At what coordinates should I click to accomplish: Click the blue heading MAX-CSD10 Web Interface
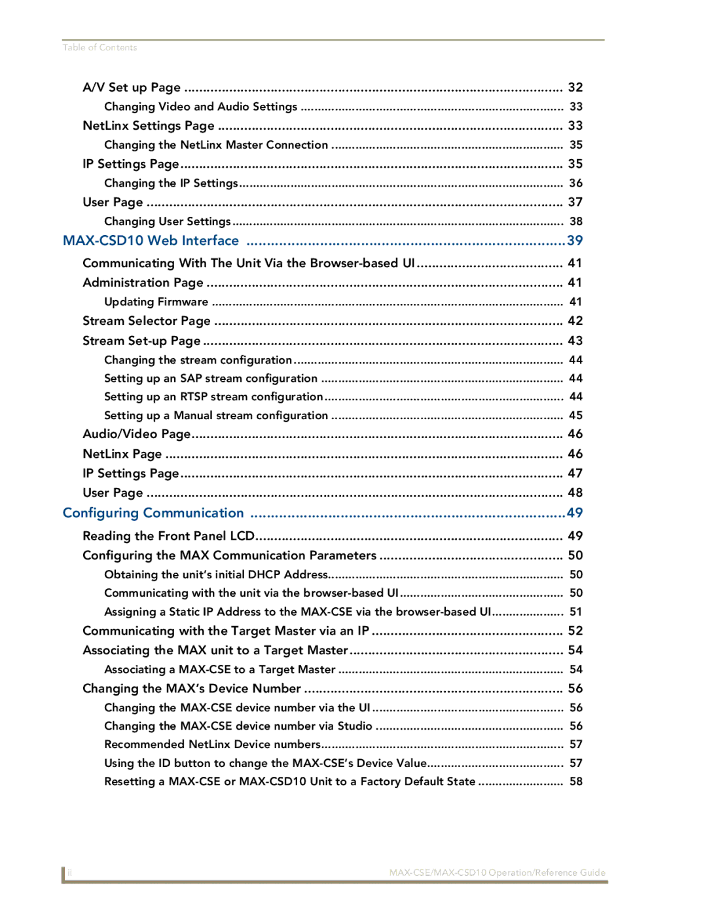pos(151,241)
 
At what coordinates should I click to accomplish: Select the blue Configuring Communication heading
pos(153,514)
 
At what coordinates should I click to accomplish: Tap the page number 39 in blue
pos(575,241)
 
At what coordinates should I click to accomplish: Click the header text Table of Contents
pos(100,48)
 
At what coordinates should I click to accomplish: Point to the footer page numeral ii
pos(70,872)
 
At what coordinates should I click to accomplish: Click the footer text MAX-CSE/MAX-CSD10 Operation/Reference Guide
pos(497,872)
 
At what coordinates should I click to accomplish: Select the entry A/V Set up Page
pos(132,88)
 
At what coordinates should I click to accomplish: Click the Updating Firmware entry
pos(156,302)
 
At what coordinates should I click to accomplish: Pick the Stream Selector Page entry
pos(147,321)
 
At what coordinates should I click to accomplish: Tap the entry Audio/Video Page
pos(136,434)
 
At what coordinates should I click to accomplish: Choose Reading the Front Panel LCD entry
pos(168,536)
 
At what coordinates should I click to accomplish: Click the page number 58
pos(575,782)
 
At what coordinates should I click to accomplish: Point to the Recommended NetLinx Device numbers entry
pos(212,745)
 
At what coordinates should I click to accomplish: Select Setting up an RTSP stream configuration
pos(213,397)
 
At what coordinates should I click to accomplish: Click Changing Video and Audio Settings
pos(200,107)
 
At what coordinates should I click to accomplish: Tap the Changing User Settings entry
pos(167,222)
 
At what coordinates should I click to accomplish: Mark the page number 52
pos(575,631)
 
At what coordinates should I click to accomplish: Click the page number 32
pos(575,88)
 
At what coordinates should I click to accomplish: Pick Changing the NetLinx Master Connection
pos(216,145)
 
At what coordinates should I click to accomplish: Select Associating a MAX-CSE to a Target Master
pos(219,670)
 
